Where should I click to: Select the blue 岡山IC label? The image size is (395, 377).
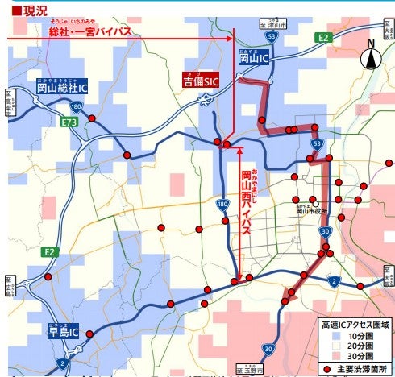point(253,58)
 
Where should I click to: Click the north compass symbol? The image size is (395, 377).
point(372,57)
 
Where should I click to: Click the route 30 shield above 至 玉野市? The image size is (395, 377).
point(268,350)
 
